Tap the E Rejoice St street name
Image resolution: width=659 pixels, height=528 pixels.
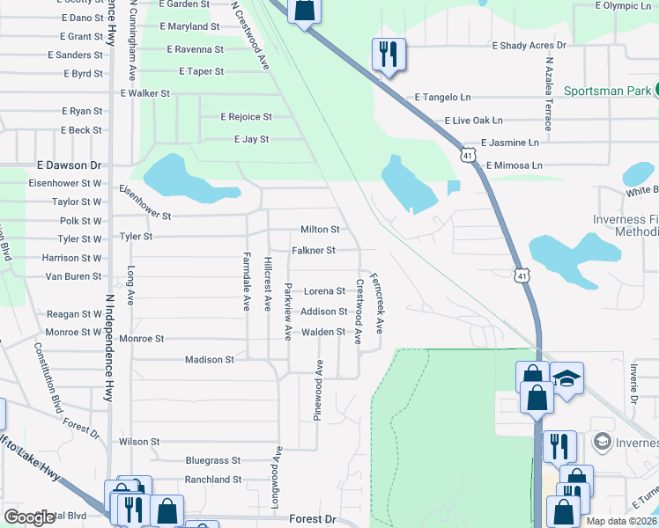click(x=246, y=116)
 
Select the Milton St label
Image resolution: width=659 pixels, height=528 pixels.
click(x=320, y=229)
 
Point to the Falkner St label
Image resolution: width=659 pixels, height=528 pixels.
click(x=314, y=251)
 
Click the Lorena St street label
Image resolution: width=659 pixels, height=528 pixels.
click(x=324, y=291)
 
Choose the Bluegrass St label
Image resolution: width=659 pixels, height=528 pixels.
click(x=213, y=460)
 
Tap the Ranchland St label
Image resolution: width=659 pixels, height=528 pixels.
click(x=212, y=480)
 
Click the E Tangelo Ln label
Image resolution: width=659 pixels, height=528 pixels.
click(x=443, y=98)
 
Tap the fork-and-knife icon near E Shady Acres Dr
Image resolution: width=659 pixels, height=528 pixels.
click(x=388, y=55)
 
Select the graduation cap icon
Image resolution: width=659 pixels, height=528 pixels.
click(x=567, y=379)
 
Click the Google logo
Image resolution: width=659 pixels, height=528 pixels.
click(x=29, y=517)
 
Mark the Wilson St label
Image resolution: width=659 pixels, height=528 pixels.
click(x=139, y=442)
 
